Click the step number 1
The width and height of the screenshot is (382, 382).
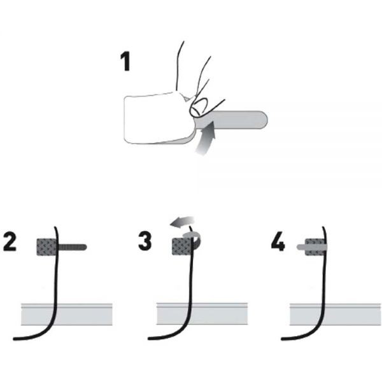pos(125,62)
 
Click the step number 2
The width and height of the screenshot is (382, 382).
pos(10,241)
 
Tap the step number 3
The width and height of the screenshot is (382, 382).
pos(145,241)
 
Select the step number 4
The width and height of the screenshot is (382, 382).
pos(278,241)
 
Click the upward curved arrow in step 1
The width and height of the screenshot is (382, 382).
pos(207,139)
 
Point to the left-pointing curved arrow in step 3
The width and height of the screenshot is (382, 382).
pos(182,222)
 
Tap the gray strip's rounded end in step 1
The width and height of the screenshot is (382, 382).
pos(264,120)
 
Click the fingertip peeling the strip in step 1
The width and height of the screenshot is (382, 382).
pos(198,108)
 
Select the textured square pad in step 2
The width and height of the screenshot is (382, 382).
pos(46,247)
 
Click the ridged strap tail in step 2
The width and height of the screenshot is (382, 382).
pos(73,247)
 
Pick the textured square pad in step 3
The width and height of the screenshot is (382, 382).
pos(181,247)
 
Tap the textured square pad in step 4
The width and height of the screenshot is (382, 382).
pos(315,247)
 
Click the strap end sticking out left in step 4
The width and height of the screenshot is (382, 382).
pos(301,247)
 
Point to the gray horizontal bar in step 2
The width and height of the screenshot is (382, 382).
pos(66,315)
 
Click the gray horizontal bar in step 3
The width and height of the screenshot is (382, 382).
pos(202,314)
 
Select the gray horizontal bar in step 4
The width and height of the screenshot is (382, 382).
pos(336,315)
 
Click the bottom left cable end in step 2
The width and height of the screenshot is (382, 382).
pos(15,339)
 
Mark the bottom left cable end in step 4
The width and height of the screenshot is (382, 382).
pos(283,339)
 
